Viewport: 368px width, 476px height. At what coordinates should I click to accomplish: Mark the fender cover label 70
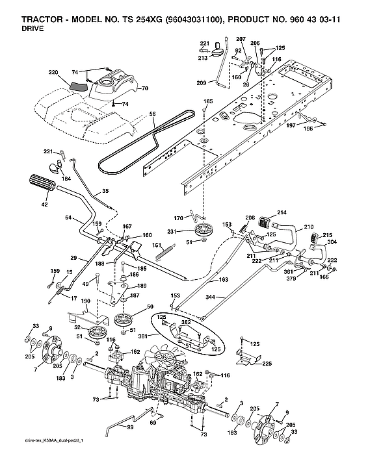145,88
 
